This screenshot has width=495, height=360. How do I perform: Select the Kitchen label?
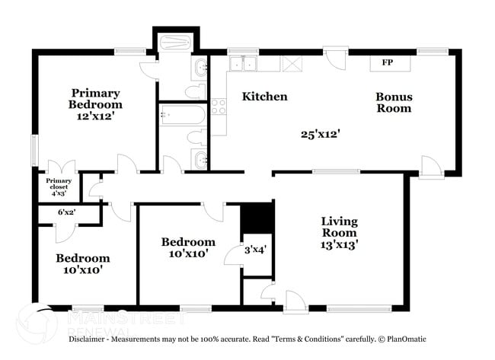[x=264, y=97]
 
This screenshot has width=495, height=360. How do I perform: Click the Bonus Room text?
[x=394, y=103]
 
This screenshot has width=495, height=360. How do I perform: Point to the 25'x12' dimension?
[x=320, y=133]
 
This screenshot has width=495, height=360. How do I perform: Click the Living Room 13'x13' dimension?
[x=339, y=244]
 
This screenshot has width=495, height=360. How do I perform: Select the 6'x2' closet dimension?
[x=66, y=212]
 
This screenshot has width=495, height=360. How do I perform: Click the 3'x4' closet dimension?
[x=255, y=249]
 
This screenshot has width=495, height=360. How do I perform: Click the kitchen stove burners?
[x=219, y=107]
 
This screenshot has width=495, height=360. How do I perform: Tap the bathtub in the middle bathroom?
[x=183, y=115]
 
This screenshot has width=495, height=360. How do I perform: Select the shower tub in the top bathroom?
[x=176, y=42]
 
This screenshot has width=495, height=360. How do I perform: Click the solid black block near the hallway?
[x=256, y=218]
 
